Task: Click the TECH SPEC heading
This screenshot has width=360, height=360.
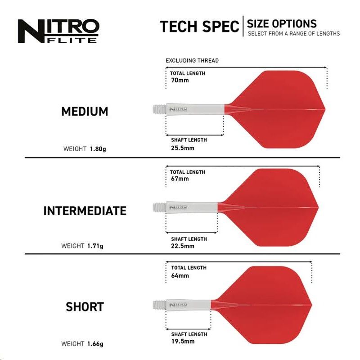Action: pos(199,27)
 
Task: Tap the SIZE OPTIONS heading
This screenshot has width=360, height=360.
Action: pos(282,23)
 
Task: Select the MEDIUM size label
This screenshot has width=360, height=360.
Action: pos(85,112)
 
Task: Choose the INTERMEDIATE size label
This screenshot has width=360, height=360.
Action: pos(85,211)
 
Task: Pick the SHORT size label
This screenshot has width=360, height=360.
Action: pos(85,307)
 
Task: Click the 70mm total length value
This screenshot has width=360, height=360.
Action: pos(180,80)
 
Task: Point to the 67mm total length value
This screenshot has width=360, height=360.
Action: pos(180,179)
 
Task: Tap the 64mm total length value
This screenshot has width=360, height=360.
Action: pos(180,275)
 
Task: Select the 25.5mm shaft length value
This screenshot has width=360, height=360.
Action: pos(183,148)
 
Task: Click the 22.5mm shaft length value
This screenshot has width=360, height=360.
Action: pos(183,246)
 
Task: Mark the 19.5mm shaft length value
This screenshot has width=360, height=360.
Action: pos(183,342)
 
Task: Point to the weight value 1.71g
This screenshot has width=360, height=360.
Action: pos(95,246)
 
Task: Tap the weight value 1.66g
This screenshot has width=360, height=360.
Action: pos(95,344)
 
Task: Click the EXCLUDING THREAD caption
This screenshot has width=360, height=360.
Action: pos(192,61)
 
